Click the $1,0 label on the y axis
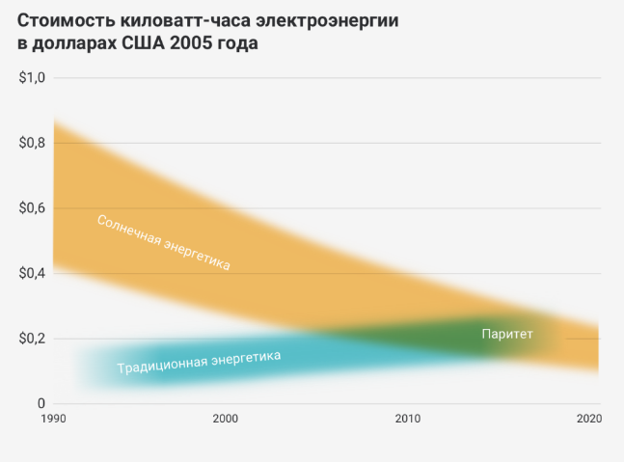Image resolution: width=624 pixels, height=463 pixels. click(33, 78)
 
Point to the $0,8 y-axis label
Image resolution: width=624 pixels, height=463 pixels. click(33, 143)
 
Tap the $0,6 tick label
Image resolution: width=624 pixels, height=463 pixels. click(33, 208)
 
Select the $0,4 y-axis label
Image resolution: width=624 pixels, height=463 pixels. click(33, 274)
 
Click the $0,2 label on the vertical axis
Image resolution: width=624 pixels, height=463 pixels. click(33, 339)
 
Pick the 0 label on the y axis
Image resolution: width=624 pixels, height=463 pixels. click(41, 403)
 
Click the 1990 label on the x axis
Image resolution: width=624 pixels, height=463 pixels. click(52, 420)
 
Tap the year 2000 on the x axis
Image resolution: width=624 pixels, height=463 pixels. click(225, 420)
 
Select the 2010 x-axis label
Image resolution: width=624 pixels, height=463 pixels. click(407, 420)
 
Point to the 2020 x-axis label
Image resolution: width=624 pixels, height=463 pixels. click(588, 420)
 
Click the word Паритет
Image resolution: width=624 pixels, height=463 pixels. click(507, 334)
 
